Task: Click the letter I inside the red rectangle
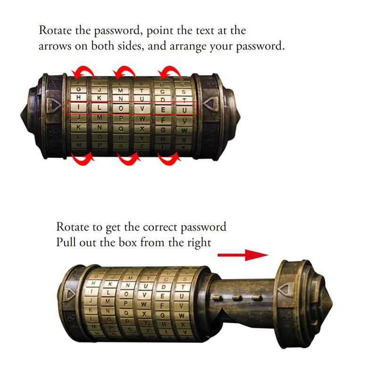point(78,107)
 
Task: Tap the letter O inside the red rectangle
point(121,108)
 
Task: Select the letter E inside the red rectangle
point(163,109)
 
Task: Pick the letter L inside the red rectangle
point(99,108)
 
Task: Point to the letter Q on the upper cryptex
point(121,128)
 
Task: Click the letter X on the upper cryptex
point(142,129)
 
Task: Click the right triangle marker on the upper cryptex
point(209,103)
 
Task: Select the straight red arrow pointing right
point(242,255)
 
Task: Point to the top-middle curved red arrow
point(125,72)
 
